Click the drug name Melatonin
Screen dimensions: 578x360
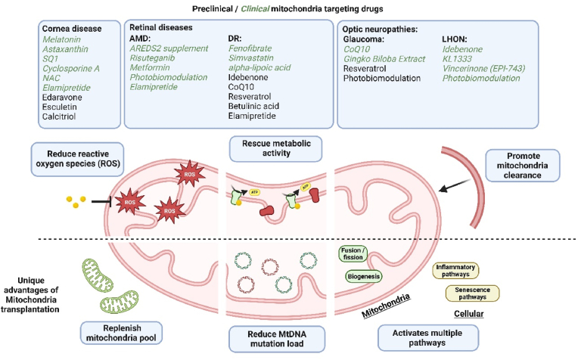click(61, 39)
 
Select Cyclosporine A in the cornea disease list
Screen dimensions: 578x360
click(71, 69)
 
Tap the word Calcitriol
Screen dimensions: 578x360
click(59, 116)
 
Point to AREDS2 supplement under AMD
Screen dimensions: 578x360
click(169, 48)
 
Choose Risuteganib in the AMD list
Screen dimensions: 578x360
click(152, 58)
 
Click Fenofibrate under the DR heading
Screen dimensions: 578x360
click(250, 48)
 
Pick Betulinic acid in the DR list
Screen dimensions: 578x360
click(253, 106)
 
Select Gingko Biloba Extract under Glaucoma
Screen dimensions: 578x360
click(384, 59)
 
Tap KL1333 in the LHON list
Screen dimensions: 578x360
click(457, 59)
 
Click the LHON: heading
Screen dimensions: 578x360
click(455, 39)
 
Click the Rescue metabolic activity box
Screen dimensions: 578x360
click(276, 148)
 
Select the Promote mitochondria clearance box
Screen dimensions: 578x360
click(522, 166)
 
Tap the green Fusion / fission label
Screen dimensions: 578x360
click(353, 254)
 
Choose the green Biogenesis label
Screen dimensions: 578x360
click(363, 276)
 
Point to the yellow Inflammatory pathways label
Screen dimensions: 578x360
click(455, 271)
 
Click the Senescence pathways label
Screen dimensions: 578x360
click(473, 293)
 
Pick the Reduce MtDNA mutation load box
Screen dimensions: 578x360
click(277, 339)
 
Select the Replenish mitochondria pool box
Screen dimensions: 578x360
click(122, 333)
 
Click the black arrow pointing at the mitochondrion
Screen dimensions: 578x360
click(455, 185)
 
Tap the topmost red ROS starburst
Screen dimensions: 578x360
click(189, 174)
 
